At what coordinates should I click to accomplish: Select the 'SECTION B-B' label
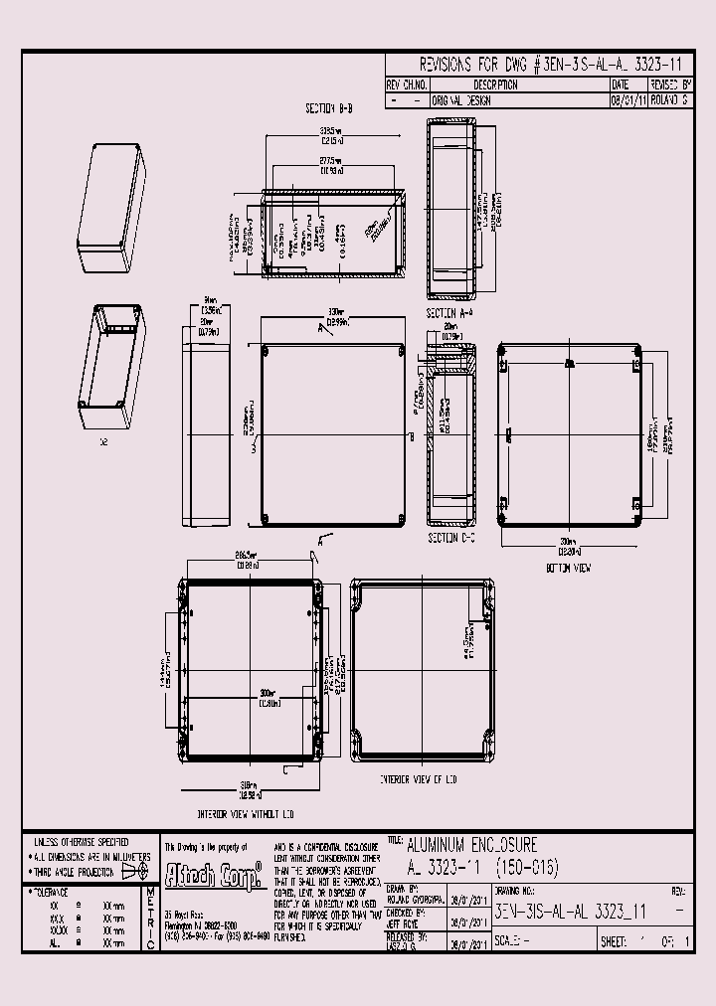[x=330, y=107]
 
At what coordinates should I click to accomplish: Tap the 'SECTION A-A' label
[x=449, y=312]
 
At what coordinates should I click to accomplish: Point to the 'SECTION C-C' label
[x=449, y=538]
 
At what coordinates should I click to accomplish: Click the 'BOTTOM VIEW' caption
[x=569, y=568]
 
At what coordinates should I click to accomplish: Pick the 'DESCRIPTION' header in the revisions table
[x=516, y=86]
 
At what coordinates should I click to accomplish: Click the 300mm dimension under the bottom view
[x=569, y=548]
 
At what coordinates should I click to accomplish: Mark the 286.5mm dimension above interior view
[x=248, y=559]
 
